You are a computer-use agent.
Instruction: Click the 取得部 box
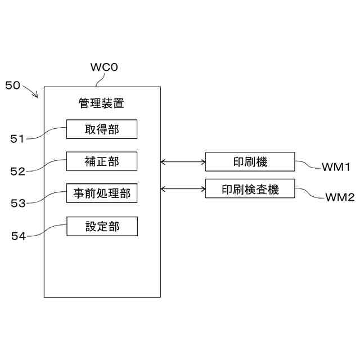click(102, 129)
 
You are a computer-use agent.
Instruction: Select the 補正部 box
click(102, 161)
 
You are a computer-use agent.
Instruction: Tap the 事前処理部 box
click(102, 193)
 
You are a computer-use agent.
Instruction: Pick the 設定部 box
click(102, 226)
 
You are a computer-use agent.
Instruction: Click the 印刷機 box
click(250, 161)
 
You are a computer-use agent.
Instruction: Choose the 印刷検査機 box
click(250, 189)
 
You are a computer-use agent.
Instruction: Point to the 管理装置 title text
click(101, 103)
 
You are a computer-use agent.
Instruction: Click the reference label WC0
click(104, 67)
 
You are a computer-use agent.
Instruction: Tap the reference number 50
click(12, 85)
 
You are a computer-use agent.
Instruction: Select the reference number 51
click(17, 139)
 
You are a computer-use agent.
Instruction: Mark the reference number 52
click(17, 172)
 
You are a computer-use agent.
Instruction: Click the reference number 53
click(18, 204)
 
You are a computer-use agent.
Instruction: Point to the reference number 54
click(19, 236)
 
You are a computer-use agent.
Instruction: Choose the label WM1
click(336, 167)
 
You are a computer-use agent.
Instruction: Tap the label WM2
click(340, 197)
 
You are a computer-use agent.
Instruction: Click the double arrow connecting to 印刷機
click(183, 162)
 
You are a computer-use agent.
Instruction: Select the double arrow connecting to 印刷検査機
click(183, 189)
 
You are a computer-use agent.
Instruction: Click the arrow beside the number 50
click(30, 91)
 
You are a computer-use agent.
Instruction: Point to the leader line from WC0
click(100, 80)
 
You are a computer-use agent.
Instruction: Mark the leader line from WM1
click(308, 164)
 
